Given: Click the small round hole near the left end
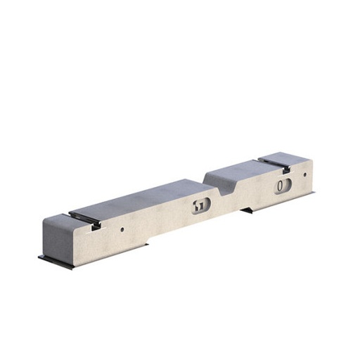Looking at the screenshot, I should coord(122,229).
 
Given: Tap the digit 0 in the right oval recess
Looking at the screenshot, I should coord(280,186).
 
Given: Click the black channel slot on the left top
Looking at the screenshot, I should coord(83,216).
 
